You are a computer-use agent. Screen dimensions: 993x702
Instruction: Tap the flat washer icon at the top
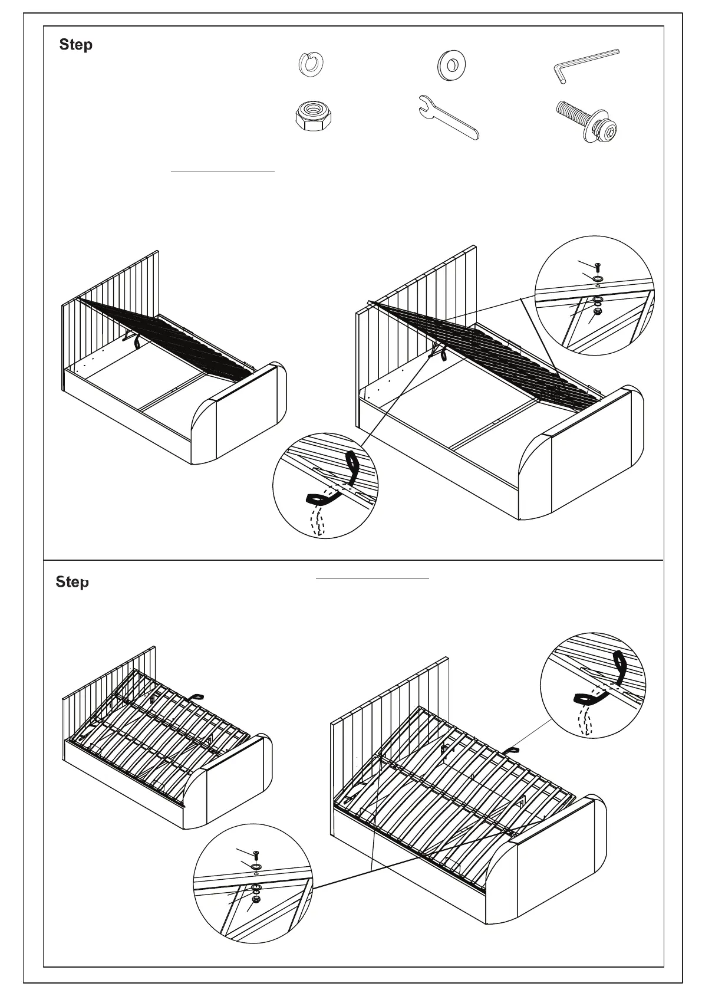(x=451, y=64)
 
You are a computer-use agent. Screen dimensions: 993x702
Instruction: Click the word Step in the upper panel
(x=76, y=45)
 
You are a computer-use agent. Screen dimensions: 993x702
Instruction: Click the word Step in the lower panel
(x=72, y=582)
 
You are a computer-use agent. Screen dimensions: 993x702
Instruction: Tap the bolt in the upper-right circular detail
(x=598, y=268)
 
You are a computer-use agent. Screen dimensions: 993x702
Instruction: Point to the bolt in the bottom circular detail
(x=256, y=854)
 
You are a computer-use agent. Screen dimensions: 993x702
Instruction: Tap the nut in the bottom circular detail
(x=256, y=900)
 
